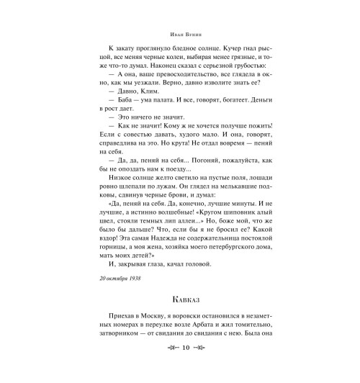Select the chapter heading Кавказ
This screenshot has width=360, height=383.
pos(180,296)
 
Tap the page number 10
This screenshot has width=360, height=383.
pos(180,367)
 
